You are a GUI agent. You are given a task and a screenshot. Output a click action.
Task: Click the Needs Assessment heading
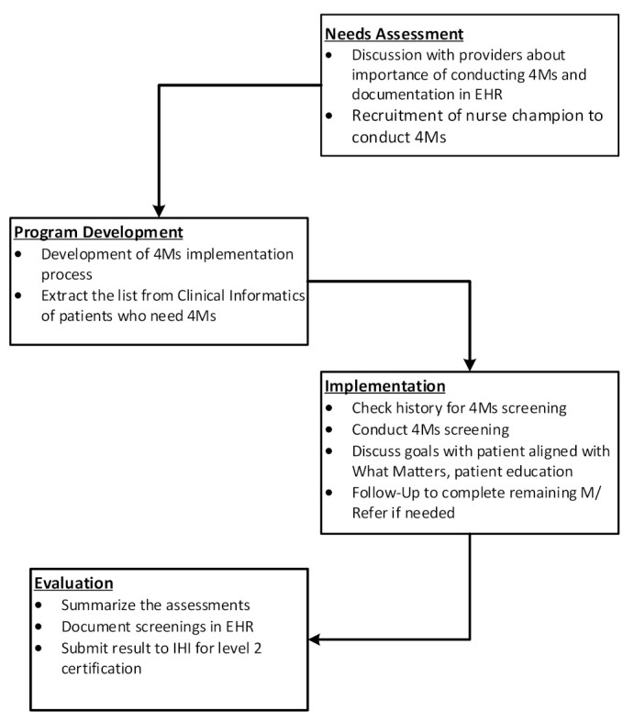pos(395,34)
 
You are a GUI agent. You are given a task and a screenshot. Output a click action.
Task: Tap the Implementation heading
pos(384,386)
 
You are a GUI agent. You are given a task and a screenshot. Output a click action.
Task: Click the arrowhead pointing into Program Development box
pos(161,210)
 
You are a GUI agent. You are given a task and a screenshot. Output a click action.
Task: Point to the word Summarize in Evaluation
pos(99,605)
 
